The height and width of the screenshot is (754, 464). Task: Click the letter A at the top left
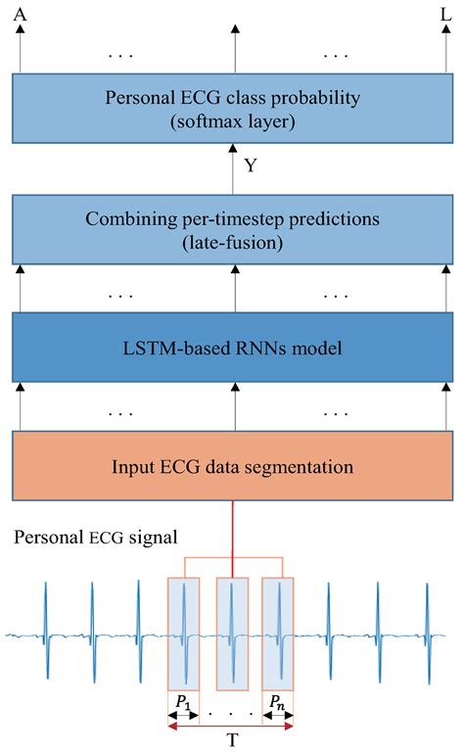[x=19, y=15]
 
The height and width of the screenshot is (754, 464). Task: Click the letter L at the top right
[x=446, y=15]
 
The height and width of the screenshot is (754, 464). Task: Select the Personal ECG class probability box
[x=233, y=109]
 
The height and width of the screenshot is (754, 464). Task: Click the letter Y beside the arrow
[x=251, y=165]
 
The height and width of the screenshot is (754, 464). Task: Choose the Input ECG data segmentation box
[x=233, y=466]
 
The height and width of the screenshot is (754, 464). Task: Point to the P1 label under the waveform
[x=183, y=702]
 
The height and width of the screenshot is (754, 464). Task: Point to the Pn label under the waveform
[x=278, y=702]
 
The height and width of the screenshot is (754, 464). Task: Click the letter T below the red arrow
[x=231, y=741]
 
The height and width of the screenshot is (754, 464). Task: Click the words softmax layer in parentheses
[x=233, y=122]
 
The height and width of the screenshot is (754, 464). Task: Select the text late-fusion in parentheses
[x=233, y=242]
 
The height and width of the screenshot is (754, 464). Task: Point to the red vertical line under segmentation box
[x=232, y=534]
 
